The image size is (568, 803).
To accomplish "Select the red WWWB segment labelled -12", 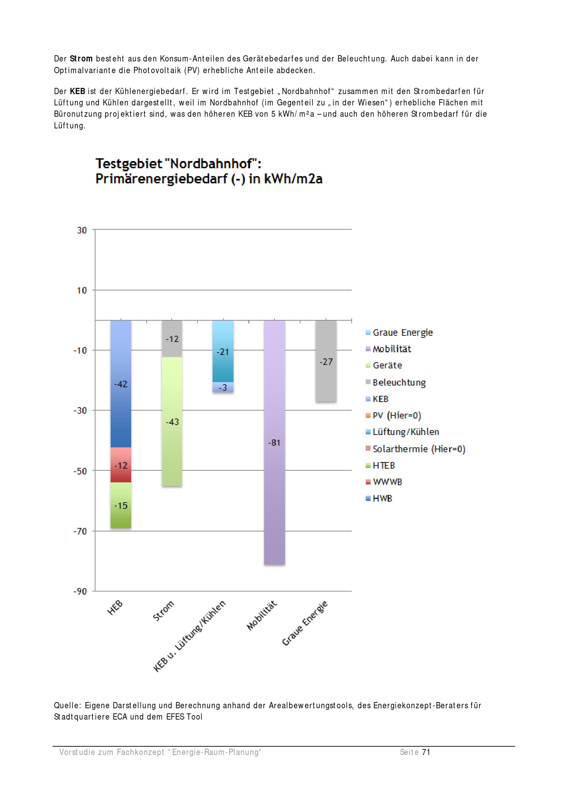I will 121,465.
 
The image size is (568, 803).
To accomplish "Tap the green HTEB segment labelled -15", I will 121,505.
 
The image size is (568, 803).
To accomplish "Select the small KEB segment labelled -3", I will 223,387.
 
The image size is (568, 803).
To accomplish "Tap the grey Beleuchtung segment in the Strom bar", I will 172,338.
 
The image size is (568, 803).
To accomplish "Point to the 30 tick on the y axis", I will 82,230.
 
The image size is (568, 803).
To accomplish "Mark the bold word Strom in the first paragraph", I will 81,59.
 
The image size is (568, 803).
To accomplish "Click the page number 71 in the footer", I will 426,752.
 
